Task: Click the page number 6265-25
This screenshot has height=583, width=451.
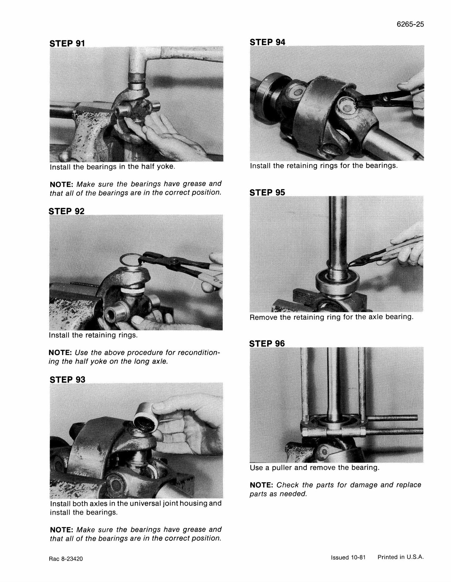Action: [410, 24]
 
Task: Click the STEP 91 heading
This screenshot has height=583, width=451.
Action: [67, 43]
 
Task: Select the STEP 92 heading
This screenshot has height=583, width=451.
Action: [67, 211]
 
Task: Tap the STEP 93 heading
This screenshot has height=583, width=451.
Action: [67, 379]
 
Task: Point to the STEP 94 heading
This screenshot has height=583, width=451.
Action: [267, 42]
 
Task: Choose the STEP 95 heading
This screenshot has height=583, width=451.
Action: [267, 192]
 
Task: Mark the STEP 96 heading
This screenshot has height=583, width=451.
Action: [267, 343]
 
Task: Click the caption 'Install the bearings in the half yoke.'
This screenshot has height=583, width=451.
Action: [113, 166]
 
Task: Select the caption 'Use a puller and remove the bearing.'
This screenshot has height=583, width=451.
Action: [315, 468]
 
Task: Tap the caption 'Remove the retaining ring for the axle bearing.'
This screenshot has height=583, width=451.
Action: [331, 317]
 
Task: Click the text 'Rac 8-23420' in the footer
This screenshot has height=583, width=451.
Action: [66, 559]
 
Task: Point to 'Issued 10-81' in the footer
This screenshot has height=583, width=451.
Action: [348, 557]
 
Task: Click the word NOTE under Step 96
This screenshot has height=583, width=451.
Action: [262, 485]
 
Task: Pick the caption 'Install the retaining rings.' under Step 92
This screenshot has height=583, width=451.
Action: [93, 335]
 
